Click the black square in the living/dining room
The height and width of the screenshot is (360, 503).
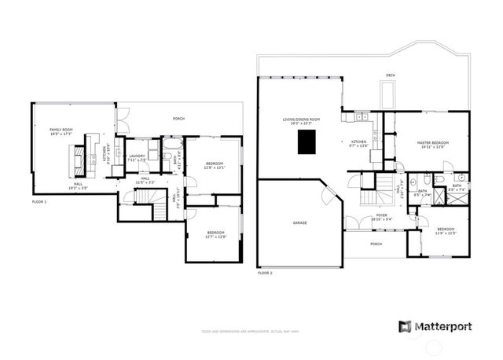coord(307,143)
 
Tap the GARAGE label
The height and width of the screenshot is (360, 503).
coord(300,222)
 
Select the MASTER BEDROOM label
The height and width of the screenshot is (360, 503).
coord(431,142)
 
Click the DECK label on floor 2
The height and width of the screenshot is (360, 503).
coord(390,76)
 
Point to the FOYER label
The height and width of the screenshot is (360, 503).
coord(381,215)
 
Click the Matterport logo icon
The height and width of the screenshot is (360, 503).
coord(404,326)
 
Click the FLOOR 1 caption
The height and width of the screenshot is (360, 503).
coord(39,202)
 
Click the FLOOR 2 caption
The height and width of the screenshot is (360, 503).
coord(265,273)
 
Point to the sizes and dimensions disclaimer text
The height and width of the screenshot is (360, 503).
coord(251,332)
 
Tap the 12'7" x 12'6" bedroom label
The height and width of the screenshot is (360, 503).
coord(216,235)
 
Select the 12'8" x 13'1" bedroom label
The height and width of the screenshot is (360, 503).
coord(214,166)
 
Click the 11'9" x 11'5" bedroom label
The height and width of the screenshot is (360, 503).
coord(446,231)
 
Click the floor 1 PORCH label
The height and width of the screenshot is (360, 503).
coord(178,119)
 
